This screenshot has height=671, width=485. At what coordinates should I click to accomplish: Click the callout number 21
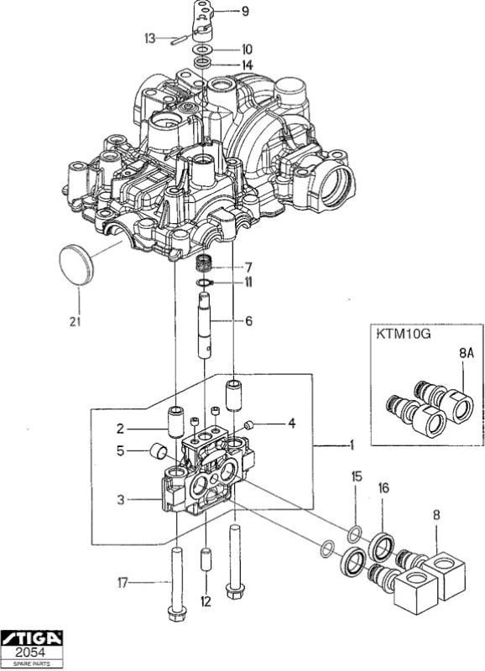pyautogui.click(x=75, y=322)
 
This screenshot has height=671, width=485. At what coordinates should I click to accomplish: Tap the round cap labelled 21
pyautogui.click(x=76, y=264)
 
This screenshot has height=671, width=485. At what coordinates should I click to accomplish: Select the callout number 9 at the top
pyautogui.click(x=245, y=11)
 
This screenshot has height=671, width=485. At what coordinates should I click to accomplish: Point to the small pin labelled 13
pyautogui.click(x=179, y=41)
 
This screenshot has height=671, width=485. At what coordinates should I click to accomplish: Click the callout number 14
pyautogui.click(x=248, y=65)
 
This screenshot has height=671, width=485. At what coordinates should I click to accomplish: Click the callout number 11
pyautogui.click(x=248, y=283)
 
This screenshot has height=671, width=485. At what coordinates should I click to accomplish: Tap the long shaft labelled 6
pyautogui.click(x=205, y=325)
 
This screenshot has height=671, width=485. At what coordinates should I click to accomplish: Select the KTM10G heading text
pyautogui.click(x=404, y=333)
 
